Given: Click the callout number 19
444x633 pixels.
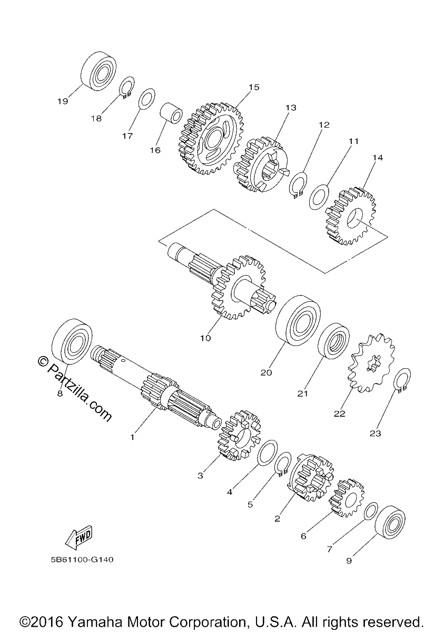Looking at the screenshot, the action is (x=63, y=101).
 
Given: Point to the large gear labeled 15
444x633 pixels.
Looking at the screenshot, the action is (x=211, y=138).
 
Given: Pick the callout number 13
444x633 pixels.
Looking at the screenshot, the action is (x=291, y=108).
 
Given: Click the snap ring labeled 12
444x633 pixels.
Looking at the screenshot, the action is (x=299, y=185).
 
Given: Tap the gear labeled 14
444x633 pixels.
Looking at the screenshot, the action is (x=351, y=215).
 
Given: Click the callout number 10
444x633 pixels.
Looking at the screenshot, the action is (x=205, y=338).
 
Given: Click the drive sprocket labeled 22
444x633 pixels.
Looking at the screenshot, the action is (x=372, y=363).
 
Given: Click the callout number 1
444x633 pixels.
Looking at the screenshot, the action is (x=132, y=437).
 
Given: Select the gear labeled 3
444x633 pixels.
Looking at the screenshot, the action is (x=239, y=435).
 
